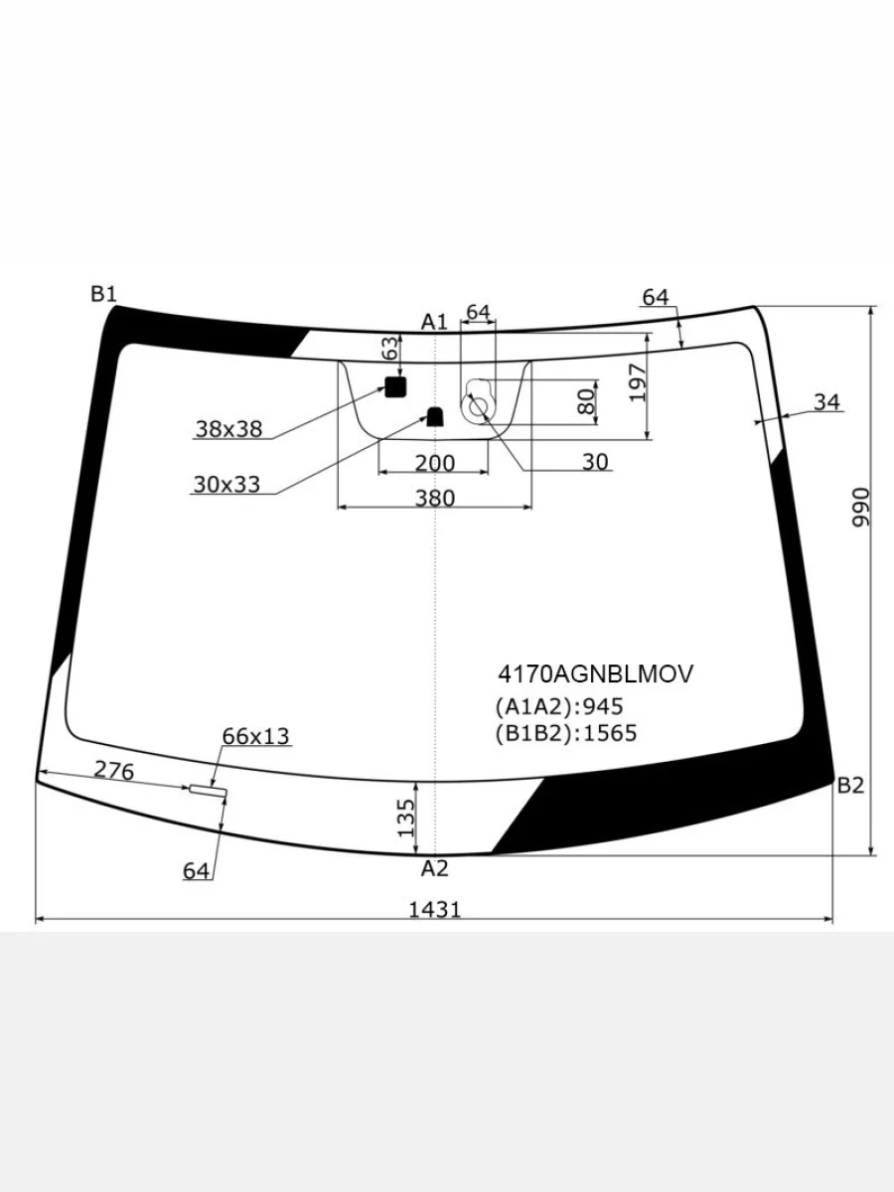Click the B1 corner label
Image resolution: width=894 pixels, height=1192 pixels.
pos(103,294)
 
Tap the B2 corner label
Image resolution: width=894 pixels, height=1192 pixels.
pos(850,786)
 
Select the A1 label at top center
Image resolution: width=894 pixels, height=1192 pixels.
pos(434,322)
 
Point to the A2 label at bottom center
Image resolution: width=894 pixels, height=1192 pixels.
pos(435,869)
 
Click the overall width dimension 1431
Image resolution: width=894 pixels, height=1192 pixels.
pos(435,910)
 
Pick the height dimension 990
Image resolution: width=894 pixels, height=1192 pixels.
pos(860,508)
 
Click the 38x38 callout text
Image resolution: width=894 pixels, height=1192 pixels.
pos(228,429)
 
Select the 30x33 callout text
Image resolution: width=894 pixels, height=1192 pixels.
pos(226,484)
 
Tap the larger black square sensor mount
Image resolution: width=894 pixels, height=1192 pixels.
pos(395,386)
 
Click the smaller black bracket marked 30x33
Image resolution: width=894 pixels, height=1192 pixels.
pos(435,416)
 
